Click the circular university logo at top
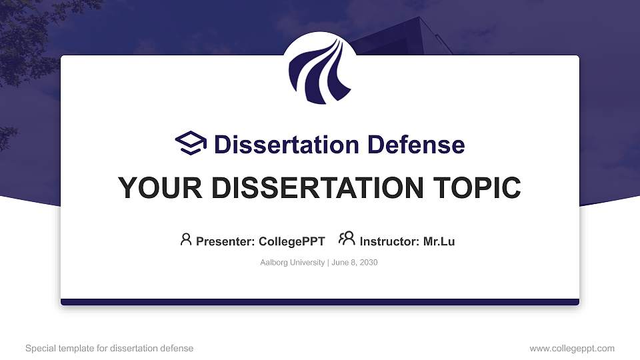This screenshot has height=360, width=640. click(x=320, y=69)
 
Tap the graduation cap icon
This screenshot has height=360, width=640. click(x=191, y=144)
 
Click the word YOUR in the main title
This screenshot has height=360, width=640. click(x=153, y=188)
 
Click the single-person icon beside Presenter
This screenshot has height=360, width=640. click(x=186, y=239)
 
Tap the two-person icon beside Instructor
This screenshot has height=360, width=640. click(x=347, y=239)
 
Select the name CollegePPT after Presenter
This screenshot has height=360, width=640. click(x=291, y=241)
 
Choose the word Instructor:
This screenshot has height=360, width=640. click(x=389, y=241)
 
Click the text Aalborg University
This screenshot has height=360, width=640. click(x=291, y=263)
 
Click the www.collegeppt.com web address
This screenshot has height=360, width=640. click(x=571, y=348)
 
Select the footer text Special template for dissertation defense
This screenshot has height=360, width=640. click(x=109, y=348)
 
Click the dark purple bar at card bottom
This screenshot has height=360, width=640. click(x=320, y=302)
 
